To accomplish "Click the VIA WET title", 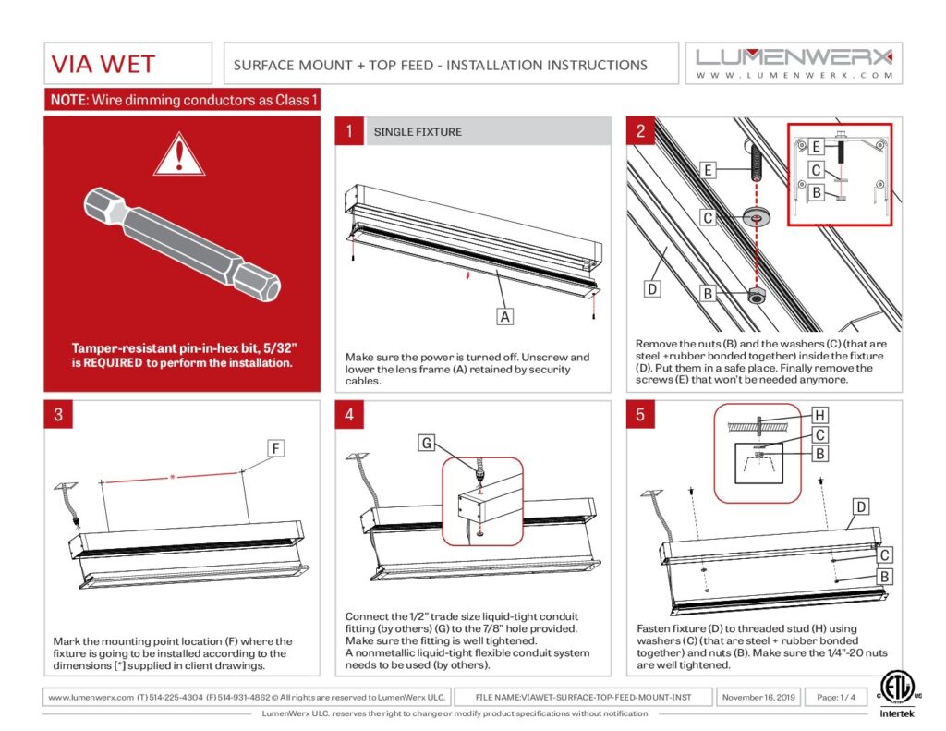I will pos(103,65).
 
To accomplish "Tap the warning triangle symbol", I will pos(178,154).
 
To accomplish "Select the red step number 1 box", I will pos(349,132).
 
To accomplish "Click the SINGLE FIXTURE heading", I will pos(418,132).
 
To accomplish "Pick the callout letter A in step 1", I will pos(504,317).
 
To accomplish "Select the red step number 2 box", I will pos(640,132).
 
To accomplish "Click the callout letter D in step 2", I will pos(651,289).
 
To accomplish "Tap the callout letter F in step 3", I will pos(275,449).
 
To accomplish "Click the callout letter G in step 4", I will pos(426,444).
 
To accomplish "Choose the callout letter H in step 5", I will pos(818,417).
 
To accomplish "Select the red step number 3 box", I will pos(59,415).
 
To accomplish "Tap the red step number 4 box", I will pos(349,415).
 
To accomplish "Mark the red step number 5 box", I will pos(640,415).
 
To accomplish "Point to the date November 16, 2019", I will pos(758,696).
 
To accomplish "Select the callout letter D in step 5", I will pos(860,506).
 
